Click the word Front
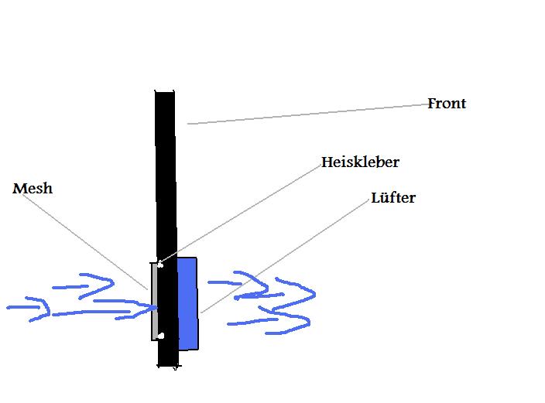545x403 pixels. (x=447, y=103)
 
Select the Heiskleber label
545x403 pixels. (x=360, y=162)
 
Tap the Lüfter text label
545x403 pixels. (x=393, y=198)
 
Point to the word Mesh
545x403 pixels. (x=33, y=188)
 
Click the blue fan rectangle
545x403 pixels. (x=188, y=304)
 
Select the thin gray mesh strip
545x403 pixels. (x=154, y=301)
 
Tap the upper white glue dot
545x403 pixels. (x=160, y=265)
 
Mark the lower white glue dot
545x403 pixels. (x=160, y=336)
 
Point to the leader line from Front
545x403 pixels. (x=307, y=114)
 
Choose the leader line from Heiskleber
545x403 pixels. (x=241, y=213)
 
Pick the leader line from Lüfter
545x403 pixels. (x=285, y=256)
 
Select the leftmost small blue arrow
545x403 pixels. (x=29, y=308)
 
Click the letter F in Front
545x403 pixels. (x=432, y=103)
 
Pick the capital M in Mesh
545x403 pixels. (x=20, y=189)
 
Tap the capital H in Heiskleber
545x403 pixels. (x=327, y=162)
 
